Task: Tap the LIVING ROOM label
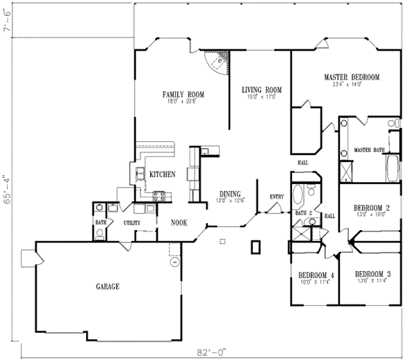pyautogui.click(x=261, y=90)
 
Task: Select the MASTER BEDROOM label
pyautogui.click(x=352, y=77)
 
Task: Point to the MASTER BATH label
pyautogui.click(x=369, y=149)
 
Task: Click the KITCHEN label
pyautogui.click(x=162, y=174)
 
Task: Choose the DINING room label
pyautogui.click(x=230, y=194)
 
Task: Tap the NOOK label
pyautogui.click(x=180, y=222)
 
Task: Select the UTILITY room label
pyautogui.click(x=133, y=222)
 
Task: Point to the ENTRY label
pyautogui.click(x=277, y=197)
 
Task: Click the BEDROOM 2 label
pyautogui.click(x=372, y=208)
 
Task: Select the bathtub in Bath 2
pyautogui.click(x=299, y=194)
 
